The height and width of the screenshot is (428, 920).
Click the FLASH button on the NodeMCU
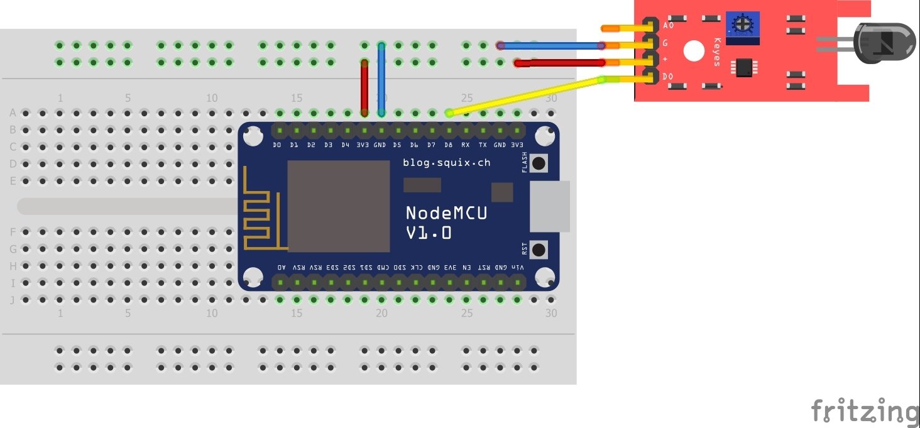(539, 163)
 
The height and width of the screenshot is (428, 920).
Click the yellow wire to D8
(525, 96)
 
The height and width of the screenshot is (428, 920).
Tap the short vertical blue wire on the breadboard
(381, 79)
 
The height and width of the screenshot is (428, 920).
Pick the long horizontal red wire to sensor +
(559, 63)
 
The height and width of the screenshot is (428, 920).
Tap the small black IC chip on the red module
(744, 66)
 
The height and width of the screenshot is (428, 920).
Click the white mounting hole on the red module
(693, 52)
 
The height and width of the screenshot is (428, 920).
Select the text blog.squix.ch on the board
(446, 163)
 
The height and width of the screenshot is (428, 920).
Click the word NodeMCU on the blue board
(446, 213)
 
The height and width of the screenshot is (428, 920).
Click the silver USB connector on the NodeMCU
(549, 207)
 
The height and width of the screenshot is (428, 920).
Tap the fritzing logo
(864, 411)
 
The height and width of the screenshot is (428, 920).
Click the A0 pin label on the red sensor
(668, 26)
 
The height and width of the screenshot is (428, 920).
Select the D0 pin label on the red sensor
(668, 77)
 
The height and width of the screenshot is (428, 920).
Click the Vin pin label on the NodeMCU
(517, 268)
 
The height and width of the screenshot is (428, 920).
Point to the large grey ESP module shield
(339, 205)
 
